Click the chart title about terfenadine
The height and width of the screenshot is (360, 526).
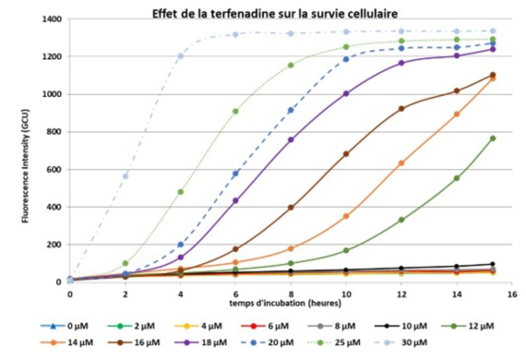tap(275, 14)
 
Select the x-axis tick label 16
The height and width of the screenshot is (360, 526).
tap(512, 294)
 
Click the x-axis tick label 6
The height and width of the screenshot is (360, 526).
tap(236, 294)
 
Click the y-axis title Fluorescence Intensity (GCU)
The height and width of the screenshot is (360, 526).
tap(26, 166)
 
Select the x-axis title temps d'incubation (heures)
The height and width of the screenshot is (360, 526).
tap(285, 303)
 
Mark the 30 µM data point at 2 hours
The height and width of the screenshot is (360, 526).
tap(125, 176)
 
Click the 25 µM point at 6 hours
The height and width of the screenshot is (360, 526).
tap(236, 111)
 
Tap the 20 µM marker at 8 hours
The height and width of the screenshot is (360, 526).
tap(291, 110)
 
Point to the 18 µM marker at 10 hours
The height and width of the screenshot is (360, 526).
tap(346, 93)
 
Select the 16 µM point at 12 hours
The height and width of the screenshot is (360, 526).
tap(402, 109)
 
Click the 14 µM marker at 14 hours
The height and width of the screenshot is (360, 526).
tap(457, 114)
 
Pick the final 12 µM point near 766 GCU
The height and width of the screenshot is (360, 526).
tap(493, 138)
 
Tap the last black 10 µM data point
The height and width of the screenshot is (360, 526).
tap(493, 264)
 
